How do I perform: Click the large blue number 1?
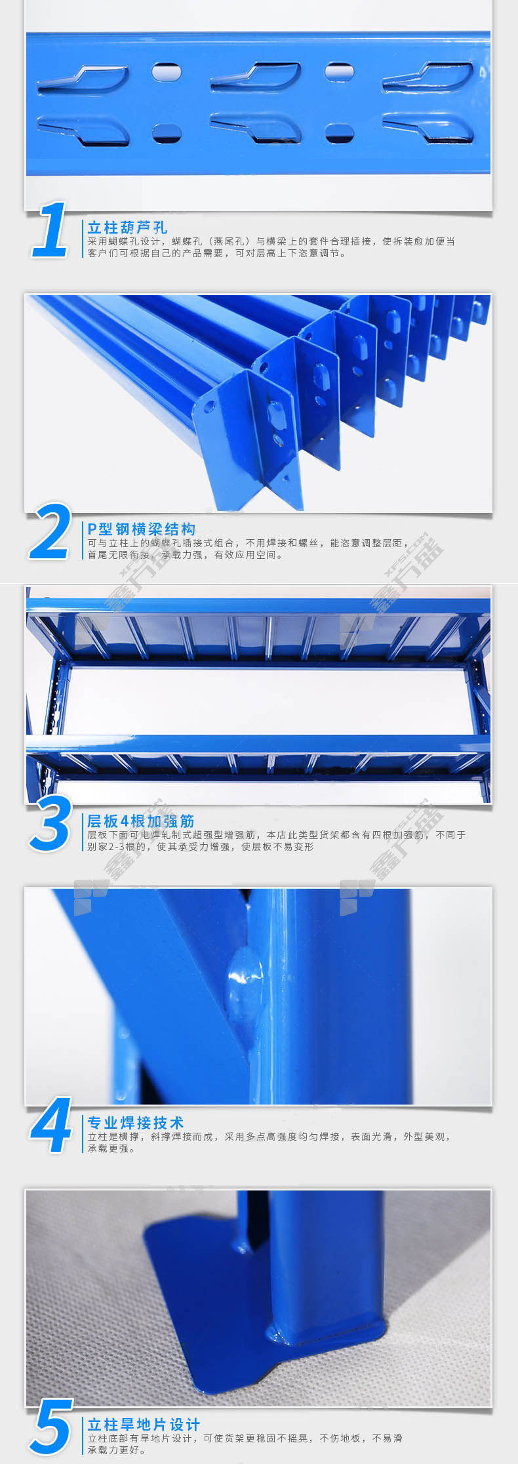(x=51, y=230)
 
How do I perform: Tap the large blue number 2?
(x=50, y=532)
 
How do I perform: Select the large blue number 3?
(x=50, y=824)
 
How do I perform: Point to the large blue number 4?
(x=51, y=1126)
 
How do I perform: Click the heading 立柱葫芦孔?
(x=128, y=228)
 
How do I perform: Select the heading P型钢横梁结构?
(x=142, y=529)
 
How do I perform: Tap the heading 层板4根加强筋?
(x=141, y=821)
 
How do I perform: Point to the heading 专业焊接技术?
(x=136, y=1122)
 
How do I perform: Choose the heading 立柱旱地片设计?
(x=144, y=1425)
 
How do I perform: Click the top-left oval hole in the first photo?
(x=167, y=71)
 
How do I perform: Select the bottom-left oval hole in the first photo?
(x=167, y=132)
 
